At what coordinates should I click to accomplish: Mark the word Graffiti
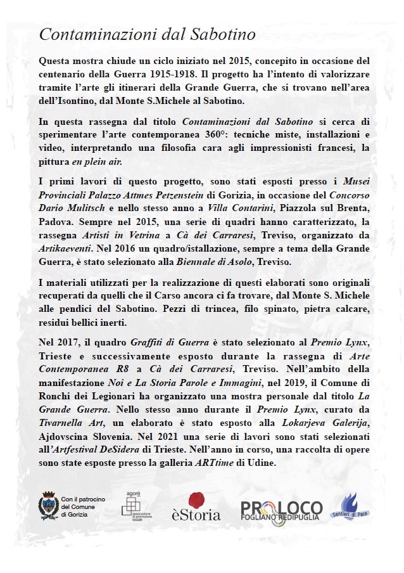coord(165,344)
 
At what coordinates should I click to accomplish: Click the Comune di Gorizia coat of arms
coord(48,505)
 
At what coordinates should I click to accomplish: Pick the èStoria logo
coord(196,507)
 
